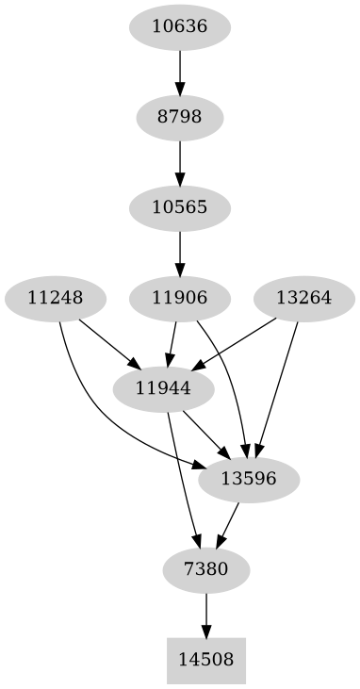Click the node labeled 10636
coord(179,26)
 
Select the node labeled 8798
coord(179,117)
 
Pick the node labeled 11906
coord(179,298)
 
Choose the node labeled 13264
coord(303,298)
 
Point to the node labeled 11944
coord(163,387)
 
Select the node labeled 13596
coord(249,478)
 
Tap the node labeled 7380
coord(206,568)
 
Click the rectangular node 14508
coord(206,659)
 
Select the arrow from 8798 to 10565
coord(179,162)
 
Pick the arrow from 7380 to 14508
coord(206,614)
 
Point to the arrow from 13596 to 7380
coord(230,523)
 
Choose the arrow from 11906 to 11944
coord(172,342)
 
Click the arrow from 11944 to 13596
coord(205,433)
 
